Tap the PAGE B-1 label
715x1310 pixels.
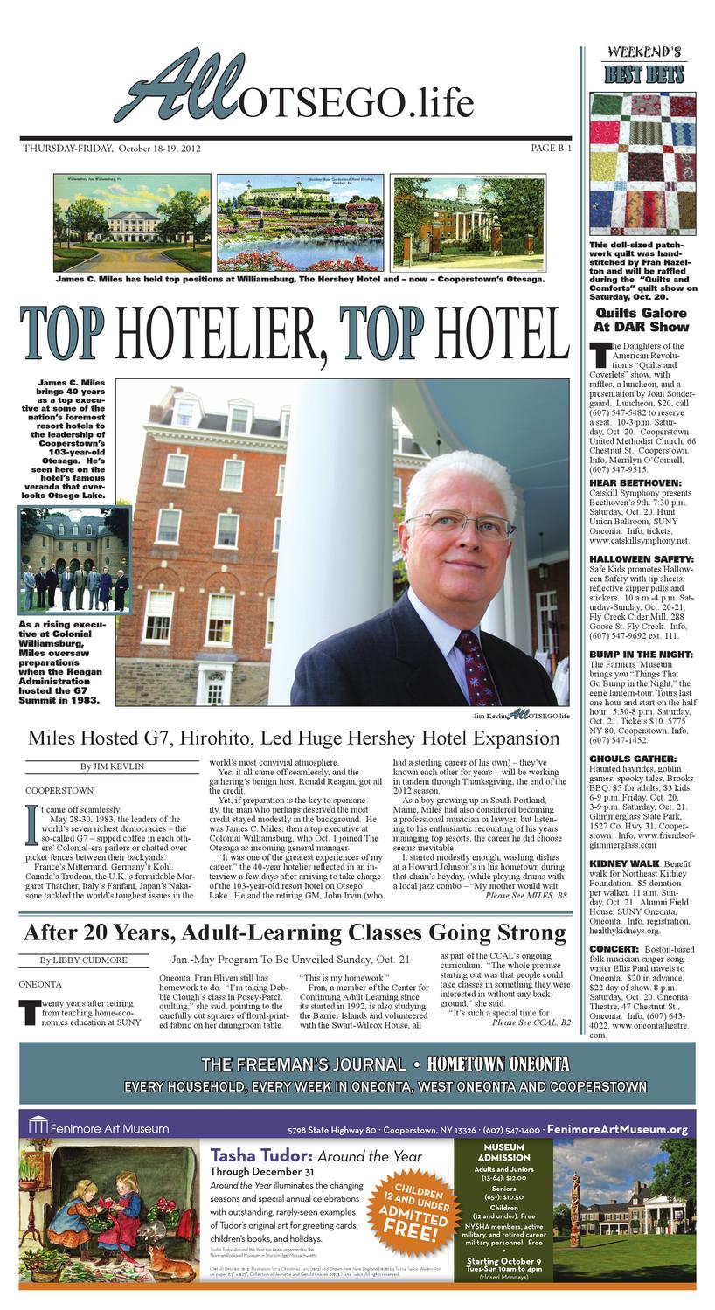coord(551,149)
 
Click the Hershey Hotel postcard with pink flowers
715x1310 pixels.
coord(300,222)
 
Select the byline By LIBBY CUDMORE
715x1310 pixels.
coord(83,960)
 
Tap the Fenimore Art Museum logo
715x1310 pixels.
coord(98,1128)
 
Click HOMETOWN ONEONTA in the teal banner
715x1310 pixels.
coord(497,1064)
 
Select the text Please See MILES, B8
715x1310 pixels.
coord(525,896)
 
